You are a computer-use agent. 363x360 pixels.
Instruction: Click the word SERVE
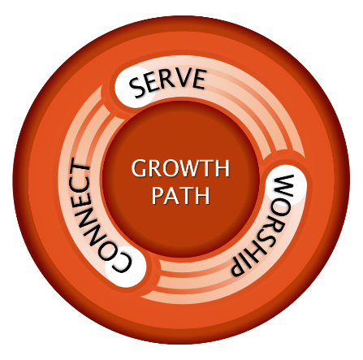click(167, 82)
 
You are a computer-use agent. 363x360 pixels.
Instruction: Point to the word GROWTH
click(180, 168)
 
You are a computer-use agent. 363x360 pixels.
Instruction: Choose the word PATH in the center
click(180, 195)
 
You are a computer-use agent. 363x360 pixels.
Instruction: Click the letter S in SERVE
click(138, 87)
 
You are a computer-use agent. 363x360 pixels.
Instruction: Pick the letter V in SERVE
click(184, 78)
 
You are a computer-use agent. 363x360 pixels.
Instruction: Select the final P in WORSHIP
click(238, 267)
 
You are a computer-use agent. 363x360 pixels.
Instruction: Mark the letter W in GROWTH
click(192, 168)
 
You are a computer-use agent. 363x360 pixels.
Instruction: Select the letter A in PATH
click(173, 196)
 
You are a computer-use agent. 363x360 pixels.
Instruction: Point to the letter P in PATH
click(157, 196)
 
